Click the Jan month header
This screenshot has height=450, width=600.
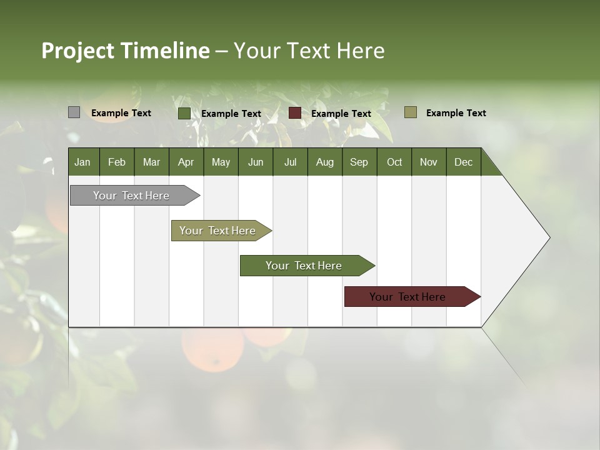tap(83, 162)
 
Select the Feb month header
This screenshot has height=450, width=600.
tap(117, 162)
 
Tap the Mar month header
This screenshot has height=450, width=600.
tap(151, 162)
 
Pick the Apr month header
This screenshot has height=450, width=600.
tap(186, 162)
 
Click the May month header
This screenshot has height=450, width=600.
tap(221, 162)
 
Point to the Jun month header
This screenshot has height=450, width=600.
tap(256, 162)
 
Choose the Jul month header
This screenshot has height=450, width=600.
tap(290, 162)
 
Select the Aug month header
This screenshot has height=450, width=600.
tap(325, 162)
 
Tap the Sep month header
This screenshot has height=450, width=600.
tap(359, 162)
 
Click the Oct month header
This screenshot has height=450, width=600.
tap(394, 162)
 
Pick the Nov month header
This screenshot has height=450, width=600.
tap(429, 162)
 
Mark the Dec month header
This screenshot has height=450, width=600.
tap(464, 162)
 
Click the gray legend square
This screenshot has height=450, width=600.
tap(74, 112)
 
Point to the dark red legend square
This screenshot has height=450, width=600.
tap(295, 113)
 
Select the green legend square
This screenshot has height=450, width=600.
tap(184, 113)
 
